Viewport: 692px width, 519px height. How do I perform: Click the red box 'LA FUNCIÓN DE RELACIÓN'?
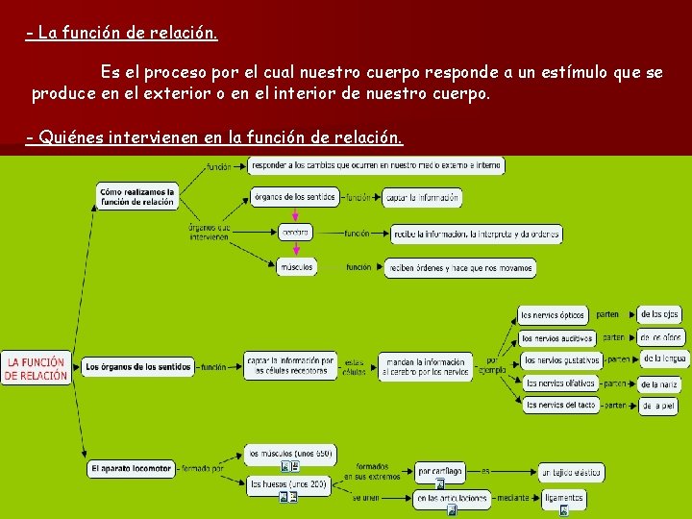click(x=36, y=369)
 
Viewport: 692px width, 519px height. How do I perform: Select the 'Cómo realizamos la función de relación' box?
click(x=137, y=196)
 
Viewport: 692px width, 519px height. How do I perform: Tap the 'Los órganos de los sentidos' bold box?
click(x=136, y=366)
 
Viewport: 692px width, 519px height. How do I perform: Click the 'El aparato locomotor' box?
click(x=131, y=468)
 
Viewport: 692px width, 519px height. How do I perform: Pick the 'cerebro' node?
click(x=296, y=233)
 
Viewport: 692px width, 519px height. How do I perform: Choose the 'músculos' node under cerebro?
click(x=296, y=267)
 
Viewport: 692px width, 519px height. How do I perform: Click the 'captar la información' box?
click(x=422, y=197)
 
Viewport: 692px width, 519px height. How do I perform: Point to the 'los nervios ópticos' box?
click(x=553, y=314)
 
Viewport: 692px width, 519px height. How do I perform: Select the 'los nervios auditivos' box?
click(x=556, y=337)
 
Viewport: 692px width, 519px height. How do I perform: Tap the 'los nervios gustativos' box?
click(x=561, y=359)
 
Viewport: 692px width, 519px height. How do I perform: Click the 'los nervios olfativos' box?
click(x=558, y=383)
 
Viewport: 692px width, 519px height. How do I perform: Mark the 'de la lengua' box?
click(x=664, y=358)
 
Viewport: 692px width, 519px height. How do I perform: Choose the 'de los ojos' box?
click(x=659, y=314)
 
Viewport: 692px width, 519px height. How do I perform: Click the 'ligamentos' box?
click(x=562, y=498)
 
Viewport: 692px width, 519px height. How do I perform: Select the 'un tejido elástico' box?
click(x=570, y=472)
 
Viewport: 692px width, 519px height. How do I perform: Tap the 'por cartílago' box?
click(x=440, y=471)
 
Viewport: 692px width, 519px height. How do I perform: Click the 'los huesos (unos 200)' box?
click(x=288, y=485)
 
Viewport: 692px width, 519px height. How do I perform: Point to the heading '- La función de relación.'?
click(x=122, y=34)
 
